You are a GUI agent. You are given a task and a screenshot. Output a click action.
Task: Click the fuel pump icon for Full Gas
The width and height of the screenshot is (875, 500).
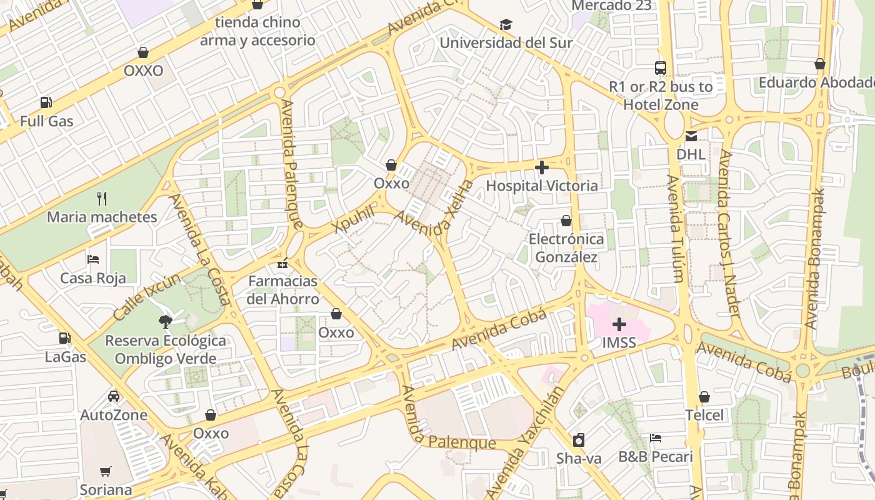pyautogui.click(x=46, y=102)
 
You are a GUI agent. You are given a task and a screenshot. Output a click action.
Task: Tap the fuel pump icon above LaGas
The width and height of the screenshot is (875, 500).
pyautogui.click(x=64, y=338)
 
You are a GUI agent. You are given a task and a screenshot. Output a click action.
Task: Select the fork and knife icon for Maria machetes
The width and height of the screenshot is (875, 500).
pyautogui.click(x=102, y=199)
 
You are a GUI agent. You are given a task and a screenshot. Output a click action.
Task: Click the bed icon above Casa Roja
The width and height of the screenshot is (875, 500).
pyautogui.click(x=93, y=259)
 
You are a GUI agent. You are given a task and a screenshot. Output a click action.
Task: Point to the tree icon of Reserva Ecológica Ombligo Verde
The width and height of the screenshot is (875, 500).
pyautogui.click(x=166, y=322)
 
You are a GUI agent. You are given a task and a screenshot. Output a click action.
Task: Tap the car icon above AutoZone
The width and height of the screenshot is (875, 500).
pyautogui.click(x=113, y=396)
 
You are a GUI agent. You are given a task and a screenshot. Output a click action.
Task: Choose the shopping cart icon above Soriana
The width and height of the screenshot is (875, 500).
pyautogui.click(x=106, y=471)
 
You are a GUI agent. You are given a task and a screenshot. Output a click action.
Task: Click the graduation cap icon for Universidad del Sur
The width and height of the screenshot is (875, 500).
pyautogui.click(x=506, y=24)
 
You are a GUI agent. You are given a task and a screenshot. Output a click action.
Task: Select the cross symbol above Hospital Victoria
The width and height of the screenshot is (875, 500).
pyautogui.click(x=542, y=167)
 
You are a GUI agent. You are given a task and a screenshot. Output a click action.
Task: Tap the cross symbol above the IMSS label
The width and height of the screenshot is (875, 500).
pyautogui.click(x=619, y=324)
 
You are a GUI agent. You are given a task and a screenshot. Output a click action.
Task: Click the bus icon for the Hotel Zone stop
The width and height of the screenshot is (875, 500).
pyautogui.click(x=661, y=67)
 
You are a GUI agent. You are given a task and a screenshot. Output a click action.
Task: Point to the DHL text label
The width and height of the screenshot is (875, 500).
pyautogui.click(x=691, y=154)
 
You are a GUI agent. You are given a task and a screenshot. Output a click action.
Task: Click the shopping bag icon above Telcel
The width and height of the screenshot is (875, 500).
pyautogui.click(x=704, y=397)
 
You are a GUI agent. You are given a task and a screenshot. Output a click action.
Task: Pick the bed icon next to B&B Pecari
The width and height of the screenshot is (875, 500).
pyautogui.click(x=656, y=438)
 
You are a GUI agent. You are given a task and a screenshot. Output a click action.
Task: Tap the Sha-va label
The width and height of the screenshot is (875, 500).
pyautogui.click(x=579, y=458)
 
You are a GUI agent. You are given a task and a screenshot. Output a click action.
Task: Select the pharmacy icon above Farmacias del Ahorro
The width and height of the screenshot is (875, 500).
pyautogui.click(x=283, y=263)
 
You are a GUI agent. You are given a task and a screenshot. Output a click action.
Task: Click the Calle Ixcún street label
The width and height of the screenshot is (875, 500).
pyautogui.click(x=147, y=297)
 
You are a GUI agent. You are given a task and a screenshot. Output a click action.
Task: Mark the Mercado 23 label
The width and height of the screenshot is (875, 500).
pyautogui.click(x=611, y=6)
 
